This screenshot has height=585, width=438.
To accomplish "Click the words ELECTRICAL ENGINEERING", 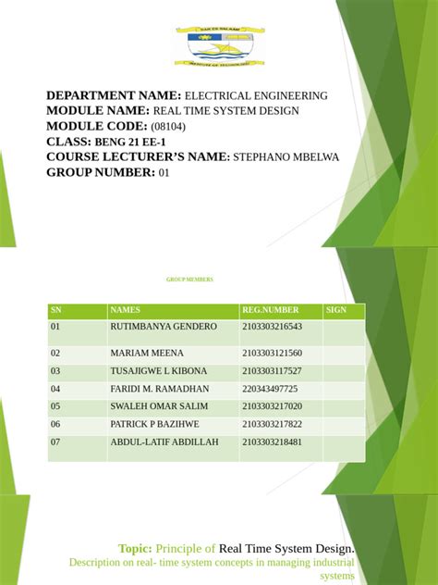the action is [256, 95].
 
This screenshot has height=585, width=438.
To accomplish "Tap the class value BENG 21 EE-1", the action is [132, 142].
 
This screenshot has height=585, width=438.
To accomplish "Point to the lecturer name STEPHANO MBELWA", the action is [286, 157].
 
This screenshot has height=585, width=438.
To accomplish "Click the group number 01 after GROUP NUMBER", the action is [164, 172].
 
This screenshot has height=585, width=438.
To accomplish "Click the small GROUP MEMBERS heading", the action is [189, 278].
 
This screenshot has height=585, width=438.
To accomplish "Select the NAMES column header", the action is [125, 310].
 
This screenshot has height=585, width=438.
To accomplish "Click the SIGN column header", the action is [335, 310].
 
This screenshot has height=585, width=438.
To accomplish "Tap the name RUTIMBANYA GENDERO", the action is [164, 327].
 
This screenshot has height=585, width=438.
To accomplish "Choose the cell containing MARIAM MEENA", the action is [147, 354].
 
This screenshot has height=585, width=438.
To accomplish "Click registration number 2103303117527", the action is [272, 371].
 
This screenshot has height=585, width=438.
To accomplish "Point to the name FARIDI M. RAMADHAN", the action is [160, 389].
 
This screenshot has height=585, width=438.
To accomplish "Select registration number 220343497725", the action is [269, 389].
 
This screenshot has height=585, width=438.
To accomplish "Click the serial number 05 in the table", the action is [55, 406].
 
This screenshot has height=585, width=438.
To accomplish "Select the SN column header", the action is [55, 310].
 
